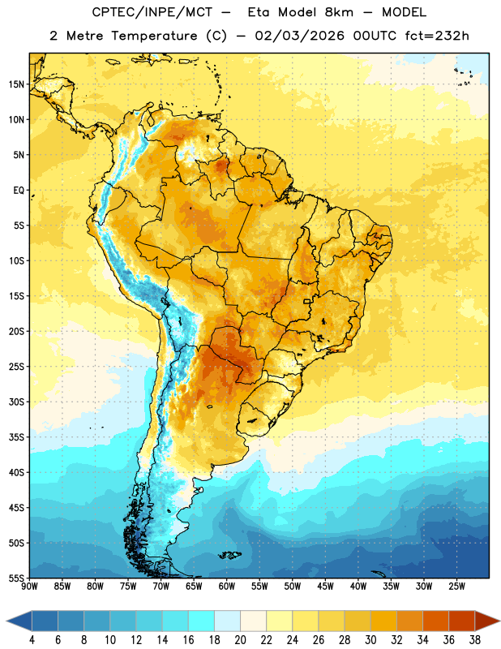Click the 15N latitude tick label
coord(16,84)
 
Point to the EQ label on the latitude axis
coord(19,191)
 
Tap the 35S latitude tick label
coord(16,437)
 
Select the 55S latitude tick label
coord(16,578)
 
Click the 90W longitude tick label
coord(29,587)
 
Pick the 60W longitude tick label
coord(227,587)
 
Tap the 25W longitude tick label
coord(456,587)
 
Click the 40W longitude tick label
coord(358,587)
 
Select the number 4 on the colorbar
coord(32,640)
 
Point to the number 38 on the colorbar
coord(475,640)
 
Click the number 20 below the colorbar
coord(240,640)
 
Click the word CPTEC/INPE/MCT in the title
coord(152,12)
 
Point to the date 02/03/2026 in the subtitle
coord(299,36)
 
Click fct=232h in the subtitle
coord(437,36)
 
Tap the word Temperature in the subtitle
coord(154,37)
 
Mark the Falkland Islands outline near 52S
coord(229,555)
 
